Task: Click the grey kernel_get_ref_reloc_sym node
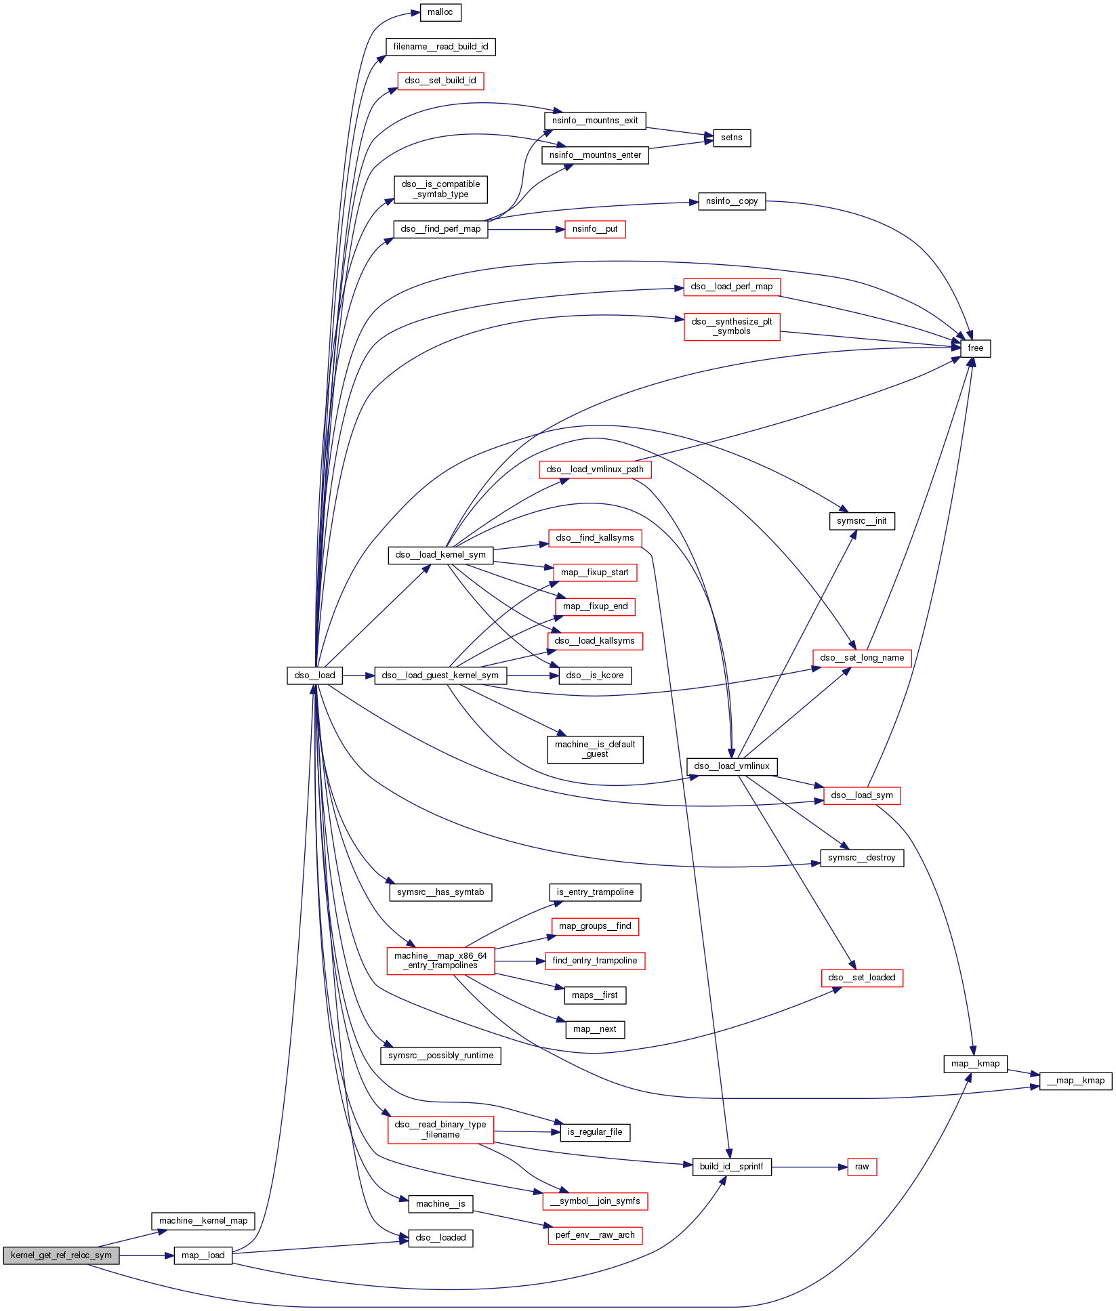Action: [x=61, y=1255]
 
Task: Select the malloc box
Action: [x=440, y=12]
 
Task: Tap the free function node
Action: [x=975, y=348]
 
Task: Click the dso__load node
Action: [x=314, y=675]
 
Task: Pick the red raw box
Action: [x=862, y=1167]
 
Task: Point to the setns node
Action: [x=731, y=138]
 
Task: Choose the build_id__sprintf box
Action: [x=731, y=1167]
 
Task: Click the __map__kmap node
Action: [x=1075, y=1081]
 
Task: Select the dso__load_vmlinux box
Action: [x=732, y=766]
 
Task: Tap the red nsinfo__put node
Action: [x=595, y=229]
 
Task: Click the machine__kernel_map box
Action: [x=203, y=1221]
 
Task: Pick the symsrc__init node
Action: [x=861, y=521]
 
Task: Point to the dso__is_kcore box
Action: [x=595, y=675]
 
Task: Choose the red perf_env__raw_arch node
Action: [x=595, y=1235]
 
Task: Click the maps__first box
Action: [x=595, y=995]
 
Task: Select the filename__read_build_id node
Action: [x=440, y=47]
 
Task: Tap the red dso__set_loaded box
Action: [x=862, y=978]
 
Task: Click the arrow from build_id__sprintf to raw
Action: [x=809, y=1167]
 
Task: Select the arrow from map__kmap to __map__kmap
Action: [x=1023, y=1072]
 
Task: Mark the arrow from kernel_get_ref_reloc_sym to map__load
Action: [x=146, y=1255]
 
